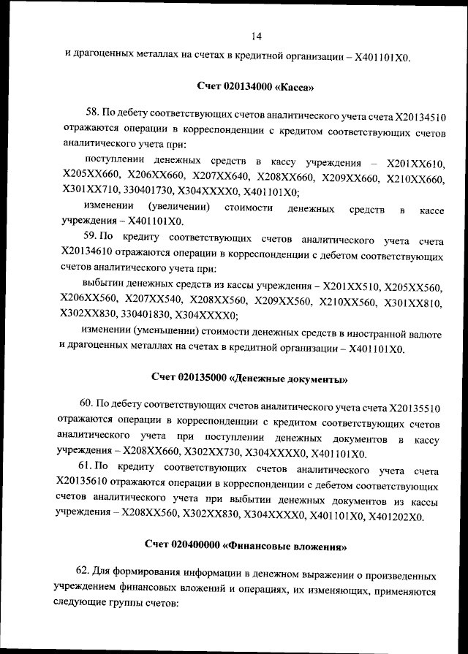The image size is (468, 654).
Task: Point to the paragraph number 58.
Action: (92, 113)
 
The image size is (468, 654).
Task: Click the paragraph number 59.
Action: (91, 237)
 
